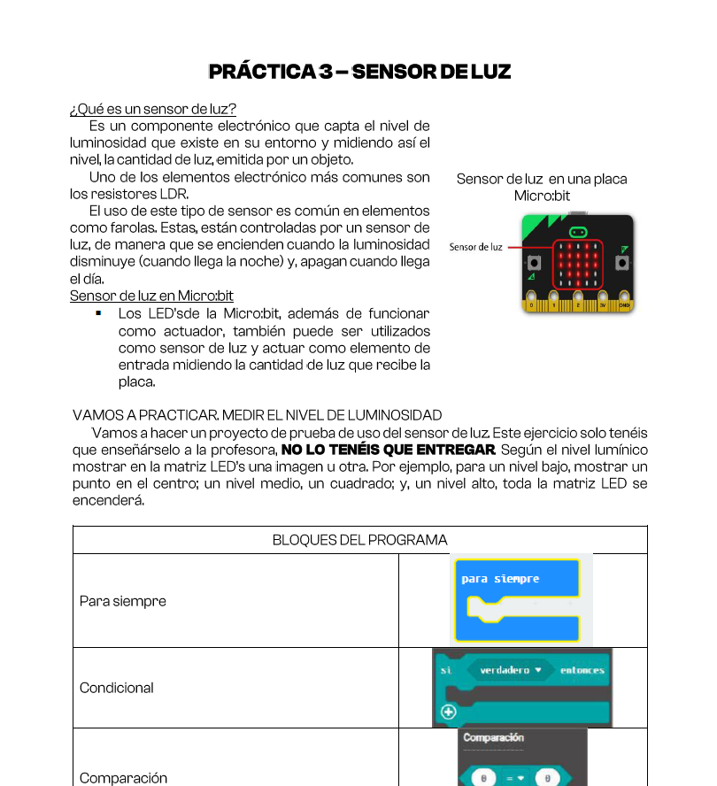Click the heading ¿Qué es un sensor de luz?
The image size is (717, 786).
(152, 110)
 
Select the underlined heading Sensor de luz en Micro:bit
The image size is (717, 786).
(151, 296)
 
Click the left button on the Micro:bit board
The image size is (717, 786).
(534, 263)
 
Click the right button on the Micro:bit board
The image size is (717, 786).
(623, 263)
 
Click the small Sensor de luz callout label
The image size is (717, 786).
(475, 247)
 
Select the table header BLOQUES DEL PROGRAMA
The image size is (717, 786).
(359, 540)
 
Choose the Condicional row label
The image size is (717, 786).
(117, 688)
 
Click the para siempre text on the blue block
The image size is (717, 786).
(500, 579)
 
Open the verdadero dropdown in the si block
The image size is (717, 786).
(510, 670)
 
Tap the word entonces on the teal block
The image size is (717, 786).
(582, 670)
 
